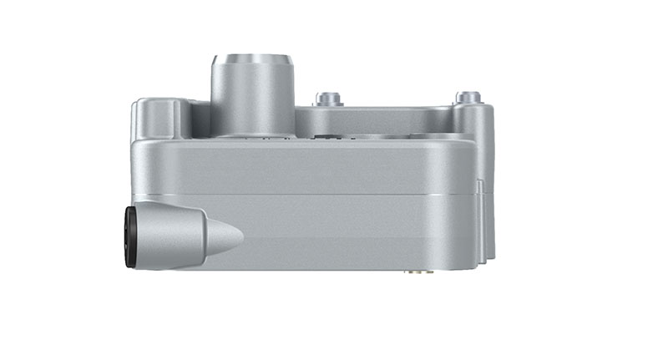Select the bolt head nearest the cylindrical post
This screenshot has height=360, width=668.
(329, 99)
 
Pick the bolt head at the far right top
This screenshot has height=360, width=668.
(468, 98)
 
